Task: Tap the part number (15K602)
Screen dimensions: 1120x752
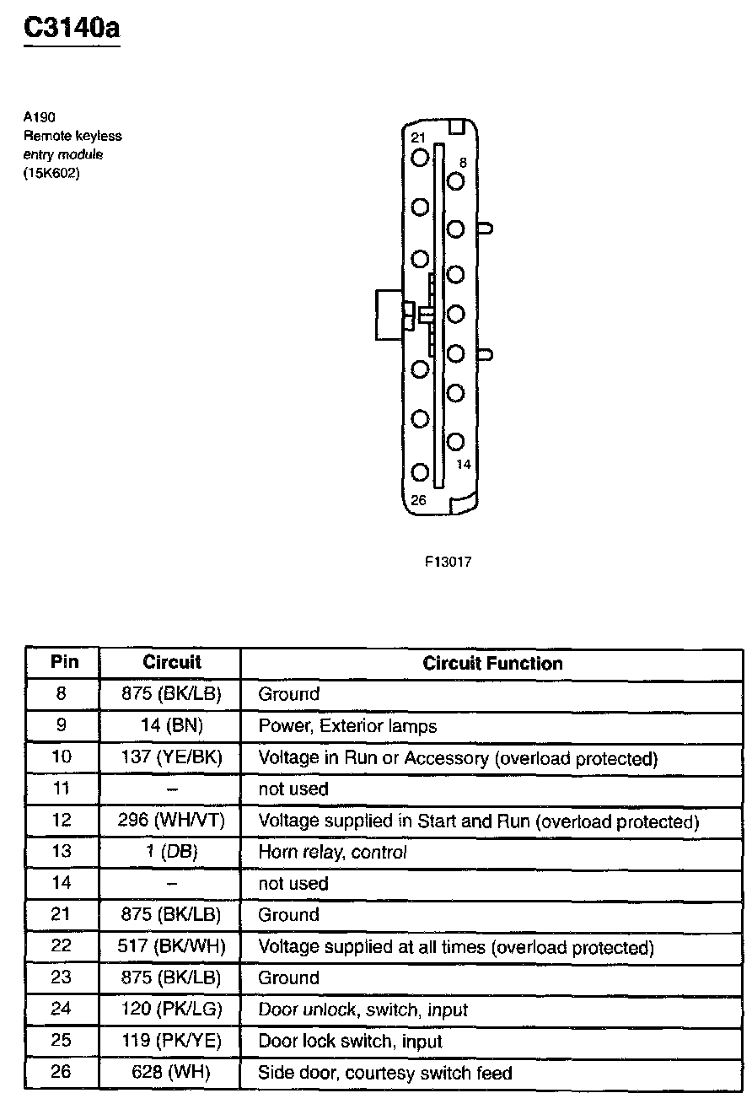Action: (x=51, y=174)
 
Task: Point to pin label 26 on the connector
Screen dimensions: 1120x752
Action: (x=418, y=500)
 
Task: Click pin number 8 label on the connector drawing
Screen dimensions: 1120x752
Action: (x=463, y=162)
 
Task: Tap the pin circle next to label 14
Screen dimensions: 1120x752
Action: (x=456, y=441)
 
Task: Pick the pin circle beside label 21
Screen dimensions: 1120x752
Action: (x=420, y=158)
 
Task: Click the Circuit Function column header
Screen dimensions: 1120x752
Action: (x=492, y=664)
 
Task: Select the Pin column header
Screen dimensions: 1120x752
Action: (x=64, y=662)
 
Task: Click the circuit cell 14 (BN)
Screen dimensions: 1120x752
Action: (x=171, y=725)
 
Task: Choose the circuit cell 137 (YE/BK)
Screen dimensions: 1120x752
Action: (x=171, y=757)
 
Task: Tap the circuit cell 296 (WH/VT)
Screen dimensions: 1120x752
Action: (x=171, y=821)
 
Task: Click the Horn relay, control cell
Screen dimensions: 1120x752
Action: (x=332, y=852)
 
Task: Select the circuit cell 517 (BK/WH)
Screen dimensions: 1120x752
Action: (x=171, y=947)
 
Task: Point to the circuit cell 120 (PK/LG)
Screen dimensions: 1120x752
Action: (x=171, y=1010)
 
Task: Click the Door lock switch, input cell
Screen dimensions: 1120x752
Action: (x=350, y=1042)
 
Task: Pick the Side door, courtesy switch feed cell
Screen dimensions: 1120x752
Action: (x=384, y=1074)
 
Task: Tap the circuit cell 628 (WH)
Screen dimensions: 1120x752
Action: (x=171, y=1074)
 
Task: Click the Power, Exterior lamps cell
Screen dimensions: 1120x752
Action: (x=347, y=725)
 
